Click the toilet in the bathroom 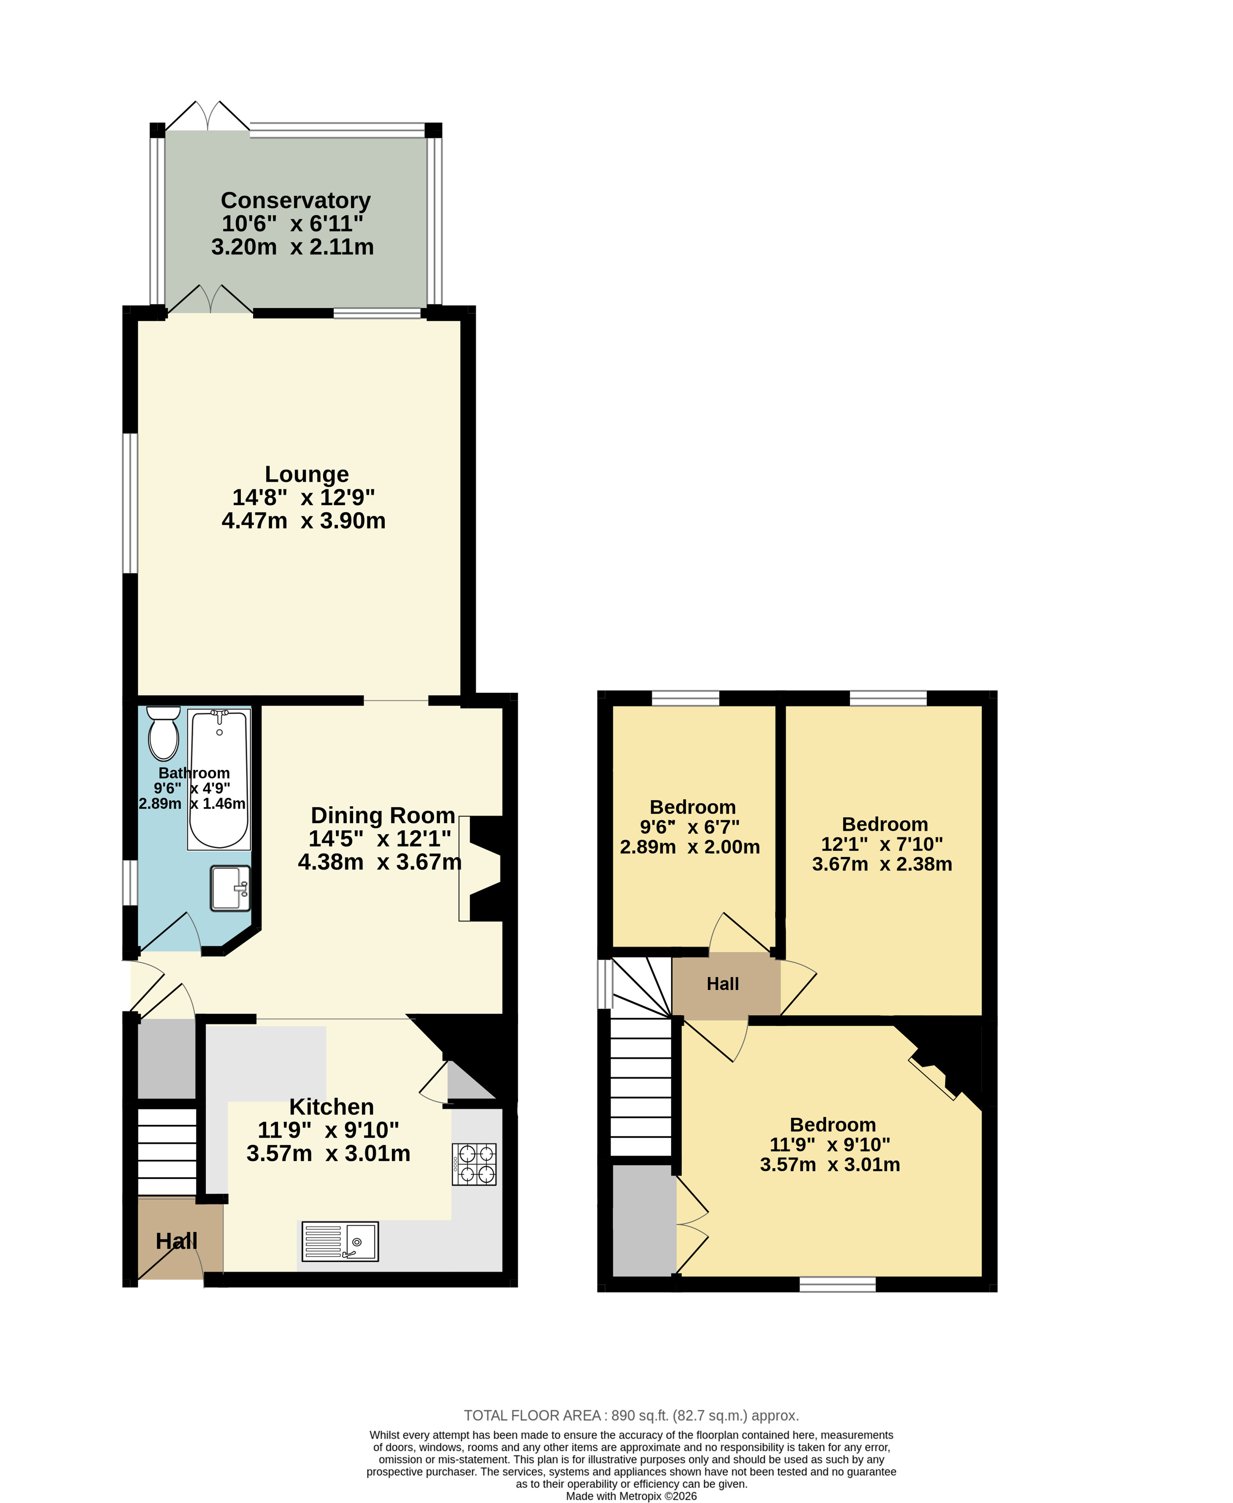pos(163,733)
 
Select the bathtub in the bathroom pos(219,779)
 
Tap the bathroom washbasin pos(230,888)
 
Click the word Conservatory pos(295,200)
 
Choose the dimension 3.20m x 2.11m pos(293,247)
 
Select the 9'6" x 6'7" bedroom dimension pos(690,827)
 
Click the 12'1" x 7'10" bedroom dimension pos(882,844)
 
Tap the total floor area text pos(631,1416)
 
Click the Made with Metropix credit pos(631,1496)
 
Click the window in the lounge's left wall pos(130,503)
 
